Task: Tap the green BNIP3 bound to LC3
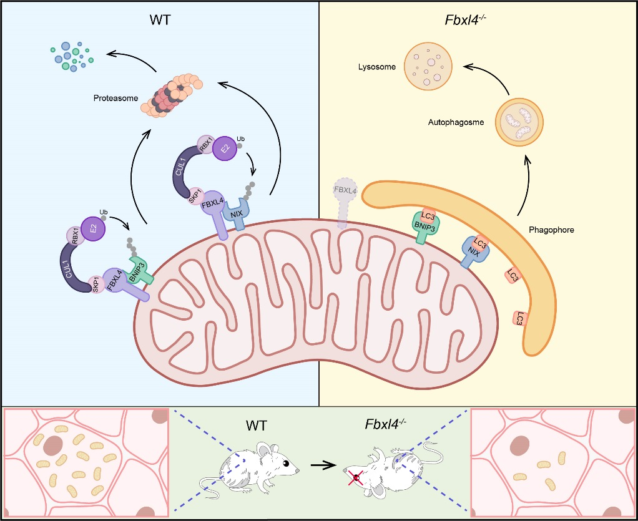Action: (428, 226)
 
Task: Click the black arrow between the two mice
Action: (321, 465)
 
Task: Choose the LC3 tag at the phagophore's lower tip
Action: (519, 319)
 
